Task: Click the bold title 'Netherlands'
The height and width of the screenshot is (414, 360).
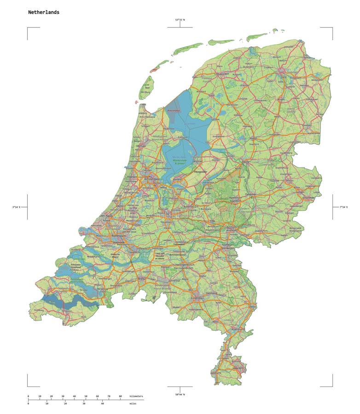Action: point(44,12)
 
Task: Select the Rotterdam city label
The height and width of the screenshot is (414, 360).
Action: point(119,236)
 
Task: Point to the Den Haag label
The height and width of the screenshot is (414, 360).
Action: point(105,215)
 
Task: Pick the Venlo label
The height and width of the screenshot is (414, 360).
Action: point(252,306)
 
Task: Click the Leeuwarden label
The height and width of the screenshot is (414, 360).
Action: point(221,74)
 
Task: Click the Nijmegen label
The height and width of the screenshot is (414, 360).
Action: point(229,245)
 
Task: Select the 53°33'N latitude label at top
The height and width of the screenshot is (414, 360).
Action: point(180,20)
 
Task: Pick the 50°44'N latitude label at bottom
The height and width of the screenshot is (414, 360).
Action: point(180,395)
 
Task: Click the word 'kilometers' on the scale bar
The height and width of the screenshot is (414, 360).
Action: point(136,396)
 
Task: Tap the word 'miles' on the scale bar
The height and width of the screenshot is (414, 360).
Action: point(133,404)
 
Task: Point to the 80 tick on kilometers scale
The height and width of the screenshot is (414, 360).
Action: point(121,396)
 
